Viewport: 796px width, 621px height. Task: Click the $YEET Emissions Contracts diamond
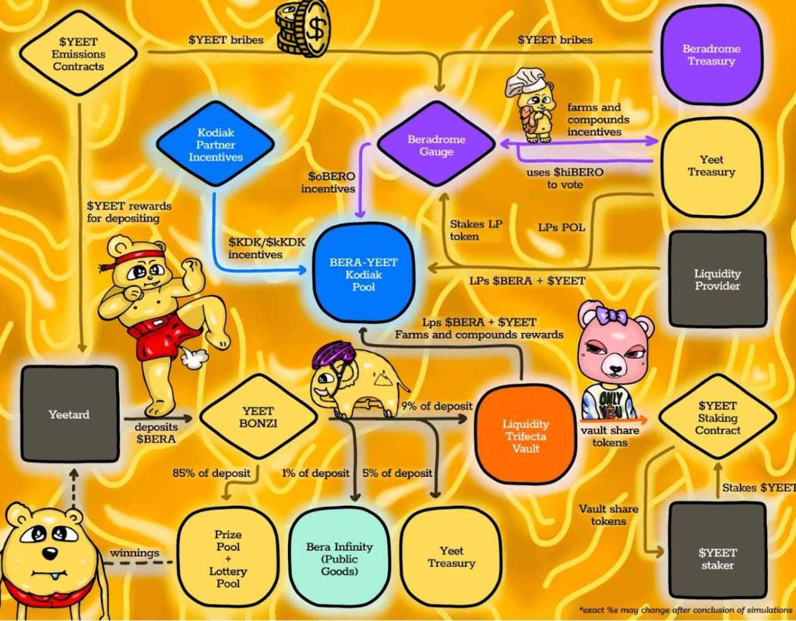coord(78,54)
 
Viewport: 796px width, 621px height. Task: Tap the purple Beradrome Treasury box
coord(711,55)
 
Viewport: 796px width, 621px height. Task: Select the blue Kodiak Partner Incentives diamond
coord(215,145)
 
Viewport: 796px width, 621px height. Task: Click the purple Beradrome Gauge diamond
coord(436,145)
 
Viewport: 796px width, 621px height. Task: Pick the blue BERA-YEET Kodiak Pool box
coord(363,275)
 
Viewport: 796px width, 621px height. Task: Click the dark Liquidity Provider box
coord(717,279)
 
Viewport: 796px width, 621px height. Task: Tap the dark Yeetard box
coord(69,415)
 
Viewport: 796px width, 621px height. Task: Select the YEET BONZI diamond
coord(258,417)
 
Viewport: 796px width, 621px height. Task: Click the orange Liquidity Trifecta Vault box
coord(525,435)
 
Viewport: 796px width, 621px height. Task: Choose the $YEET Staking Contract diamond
coord(717,418)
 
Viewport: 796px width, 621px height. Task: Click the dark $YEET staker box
coord(717,559)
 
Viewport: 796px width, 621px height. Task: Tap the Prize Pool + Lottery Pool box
coord(227,559)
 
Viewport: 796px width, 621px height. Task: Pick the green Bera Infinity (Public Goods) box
coord(339,559)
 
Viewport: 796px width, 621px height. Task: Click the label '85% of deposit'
coord(212,473)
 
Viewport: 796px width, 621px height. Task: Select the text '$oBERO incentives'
coord(328,182)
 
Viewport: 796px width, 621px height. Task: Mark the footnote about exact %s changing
coord(685,610)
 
